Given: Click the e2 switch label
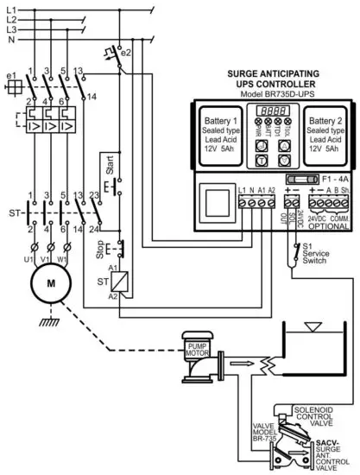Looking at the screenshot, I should coord(125,52).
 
